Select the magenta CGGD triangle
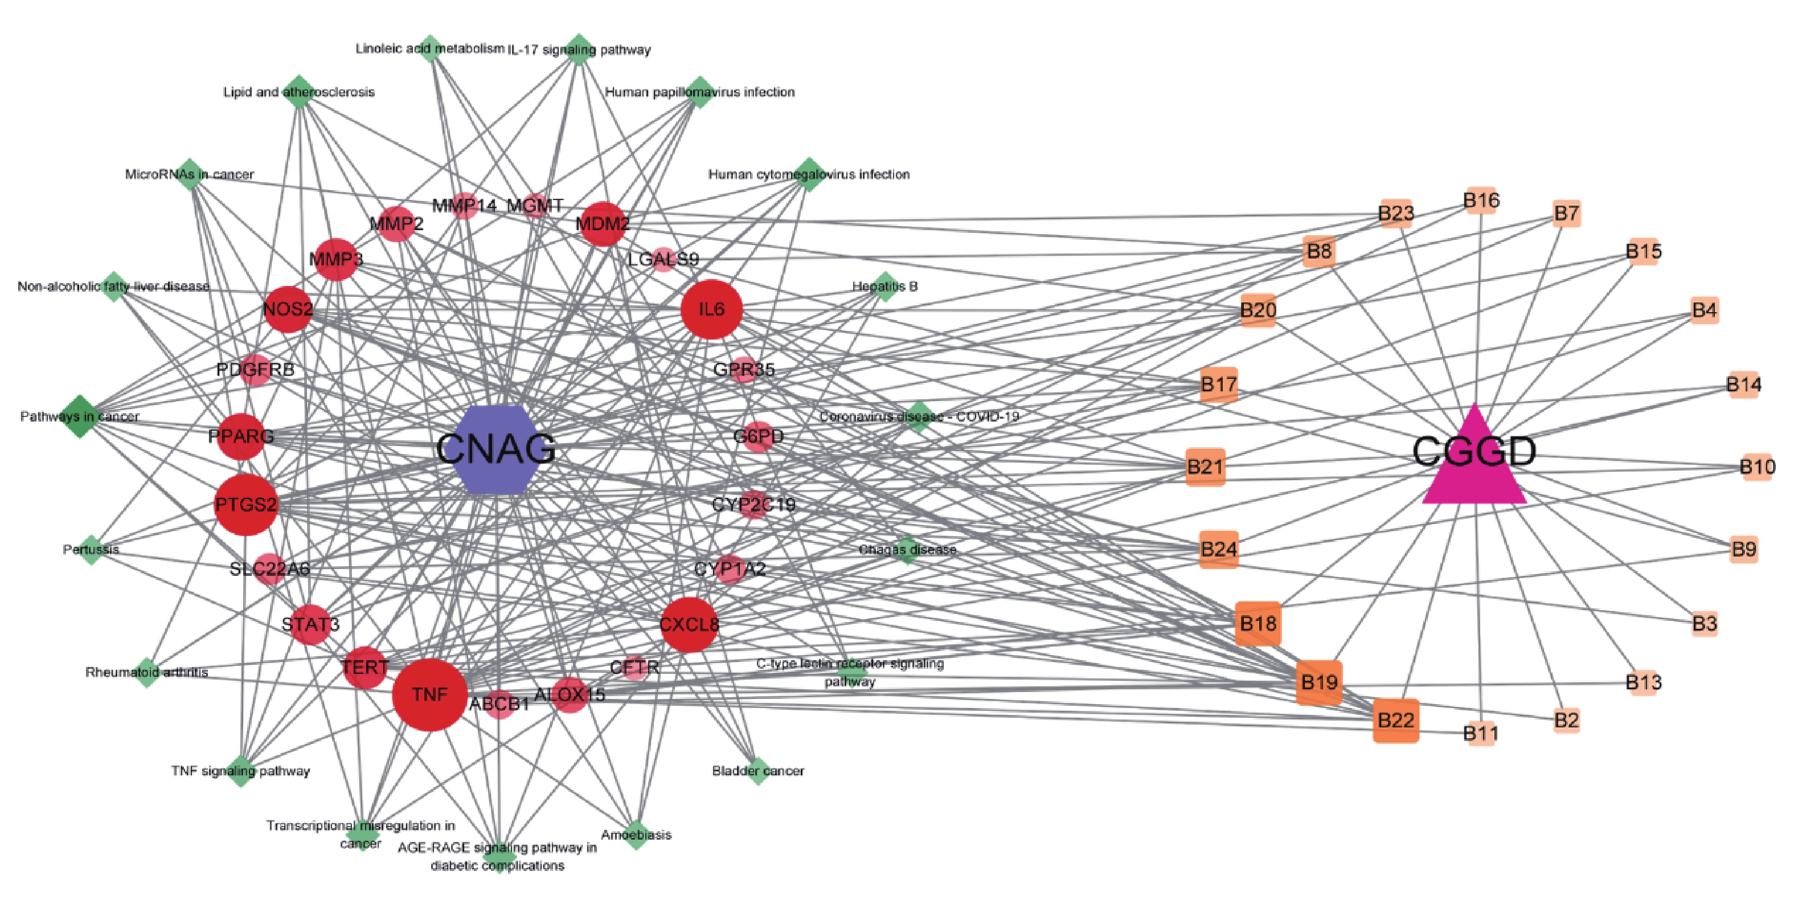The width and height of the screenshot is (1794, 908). (x=1474, y=463)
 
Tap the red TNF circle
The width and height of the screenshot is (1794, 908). (x=429, y=694)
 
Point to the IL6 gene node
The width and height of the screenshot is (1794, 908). (x=711, y=309)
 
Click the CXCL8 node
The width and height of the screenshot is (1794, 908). (x=689, y=624)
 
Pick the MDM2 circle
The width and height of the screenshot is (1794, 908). (x=603, y=223)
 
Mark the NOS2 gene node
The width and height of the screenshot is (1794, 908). (x=288, y=309)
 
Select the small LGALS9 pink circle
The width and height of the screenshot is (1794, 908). (x=663, y=260)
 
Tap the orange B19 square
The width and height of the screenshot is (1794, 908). (x=1319, y=682)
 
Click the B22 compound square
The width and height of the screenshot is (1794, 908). (x=1396, y=720)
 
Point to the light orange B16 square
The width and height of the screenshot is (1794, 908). (x=1481, y=201)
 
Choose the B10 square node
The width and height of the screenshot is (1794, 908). (x=1756, y=467)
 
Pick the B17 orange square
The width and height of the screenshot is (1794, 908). (x=1219, y=385)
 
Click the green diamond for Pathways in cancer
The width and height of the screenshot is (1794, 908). (x=79, y=416)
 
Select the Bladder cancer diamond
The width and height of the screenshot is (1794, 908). (x=757, y=771)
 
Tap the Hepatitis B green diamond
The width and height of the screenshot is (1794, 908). (x=884, y=286)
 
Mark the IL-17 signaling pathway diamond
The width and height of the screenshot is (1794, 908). (x=579, y=50)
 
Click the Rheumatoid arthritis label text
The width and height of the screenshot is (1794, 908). (x=146, y=673)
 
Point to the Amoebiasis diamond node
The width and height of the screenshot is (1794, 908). (x=635, y=834)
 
